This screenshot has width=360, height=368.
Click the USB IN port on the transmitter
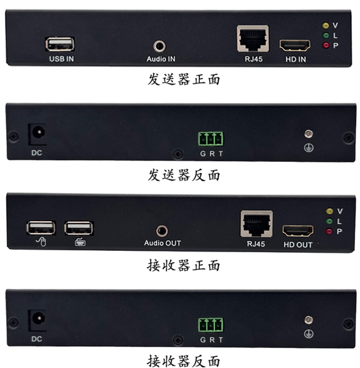point(60,44)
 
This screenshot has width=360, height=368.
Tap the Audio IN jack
point(159,46)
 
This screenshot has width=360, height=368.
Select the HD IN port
point(295,45)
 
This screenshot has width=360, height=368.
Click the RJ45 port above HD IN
point(253,39)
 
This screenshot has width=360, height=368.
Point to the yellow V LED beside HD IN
point(326,26)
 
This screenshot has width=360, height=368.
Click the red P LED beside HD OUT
point(329,231)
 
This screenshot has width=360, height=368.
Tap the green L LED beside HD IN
point(326,35)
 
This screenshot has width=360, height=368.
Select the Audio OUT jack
point(162,231)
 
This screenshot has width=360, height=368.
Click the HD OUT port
point(298,230)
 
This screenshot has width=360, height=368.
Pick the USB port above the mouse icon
point(41,228)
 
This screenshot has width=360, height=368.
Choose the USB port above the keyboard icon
point(79,228)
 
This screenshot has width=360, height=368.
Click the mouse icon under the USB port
point(41,242)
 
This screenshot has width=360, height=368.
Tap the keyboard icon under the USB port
point(80,242)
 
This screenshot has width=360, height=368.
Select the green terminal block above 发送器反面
point(211,139)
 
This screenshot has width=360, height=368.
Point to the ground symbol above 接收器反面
point(308,334)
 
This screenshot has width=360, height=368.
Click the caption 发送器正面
point(184,79)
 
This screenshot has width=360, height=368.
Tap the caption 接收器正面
point(184,265)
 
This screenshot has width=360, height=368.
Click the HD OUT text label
point(298,245)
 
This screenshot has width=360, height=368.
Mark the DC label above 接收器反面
point(37,339)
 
